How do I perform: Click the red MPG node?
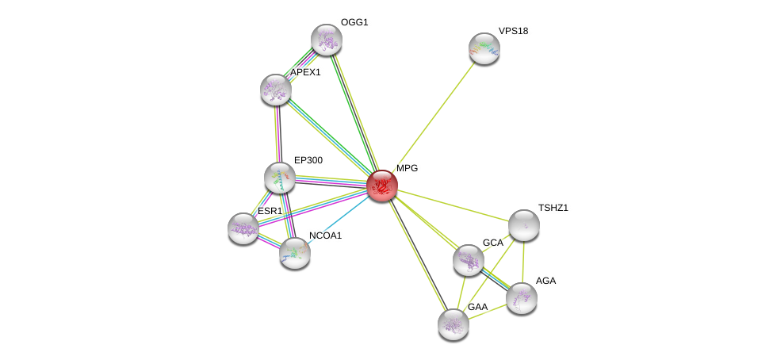[381, 185]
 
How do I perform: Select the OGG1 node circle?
[326, 40]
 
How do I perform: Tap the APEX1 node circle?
[276, 90]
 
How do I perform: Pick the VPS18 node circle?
[484, 48]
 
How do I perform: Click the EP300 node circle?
[280, 177]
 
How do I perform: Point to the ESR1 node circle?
[243, 228]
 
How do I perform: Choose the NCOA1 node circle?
[294, 252]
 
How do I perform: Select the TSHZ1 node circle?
[523, 224]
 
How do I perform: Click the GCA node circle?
[469, 259]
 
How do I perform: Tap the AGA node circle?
[521, 297]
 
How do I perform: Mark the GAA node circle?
[453, 324]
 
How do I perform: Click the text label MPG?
[407, 168]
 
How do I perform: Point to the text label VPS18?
[513, 31]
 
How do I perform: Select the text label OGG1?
[354, 22]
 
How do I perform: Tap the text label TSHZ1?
[553, 208]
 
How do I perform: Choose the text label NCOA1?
[325, 236]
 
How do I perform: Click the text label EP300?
[308, 160]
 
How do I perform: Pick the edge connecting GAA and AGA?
[487, 311]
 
